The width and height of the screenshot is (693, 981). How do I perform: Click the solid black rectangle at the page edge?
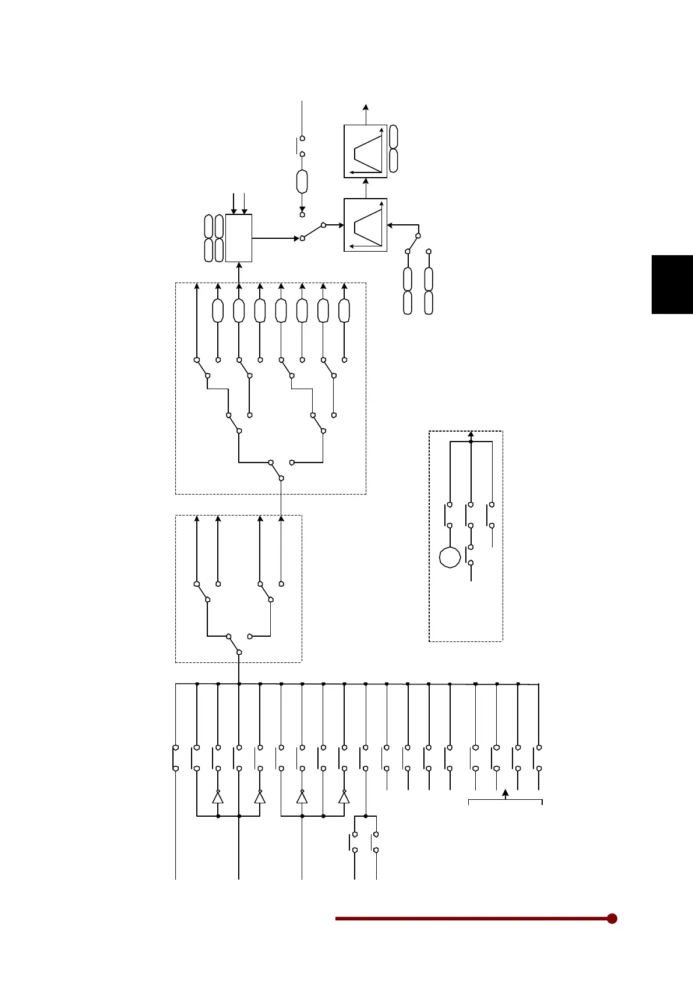671,284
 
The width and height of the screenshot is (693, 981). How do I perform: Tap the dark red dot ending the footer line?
611,919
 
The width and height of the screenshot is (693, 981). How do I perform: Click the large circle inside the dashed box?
450,557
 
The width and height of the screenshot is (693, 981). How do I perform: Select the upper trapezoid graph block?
365,151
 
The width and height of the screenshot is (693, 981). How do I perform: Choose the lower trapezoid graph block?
365,225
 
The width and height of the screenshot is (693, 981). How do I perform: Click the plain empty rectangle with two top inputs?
239,238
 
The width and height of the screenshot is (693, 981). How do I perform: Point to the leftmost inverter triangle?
218,797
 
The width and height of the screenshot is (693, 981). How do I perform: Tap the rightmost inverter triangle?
344,797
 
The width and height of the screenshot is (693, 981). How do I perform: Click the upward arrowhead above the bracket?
505,793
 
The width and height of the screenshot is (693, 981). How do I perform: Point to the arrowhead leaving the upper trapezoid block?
365,107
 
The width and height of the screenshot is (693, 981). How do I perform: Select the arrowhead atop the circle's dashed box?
471,434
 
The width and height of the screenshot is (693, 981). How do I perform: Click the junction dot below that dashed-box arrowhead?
471,442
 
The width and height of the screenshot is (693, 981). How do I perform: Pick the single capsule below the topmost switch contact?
302,182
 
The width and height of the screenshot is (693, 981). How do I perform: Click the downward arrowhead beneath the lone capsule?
302,209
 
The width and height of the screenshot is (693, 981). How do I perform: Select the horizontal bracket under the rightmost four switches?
505,801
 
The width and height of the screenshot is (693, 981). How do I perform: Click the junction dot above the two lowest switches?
365,816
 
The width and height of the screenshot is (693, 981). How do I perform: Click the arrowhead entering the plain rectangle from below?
239,266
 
